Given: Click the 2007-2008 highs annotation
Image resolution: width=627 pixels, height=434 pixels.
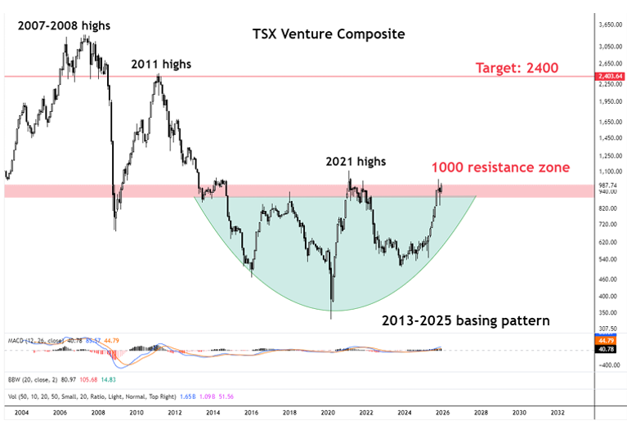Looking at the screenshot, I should click(x=62, y=25).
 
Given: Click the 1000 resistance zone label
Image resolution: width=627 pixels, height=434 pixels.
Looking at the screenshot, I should click(x=500, y=168).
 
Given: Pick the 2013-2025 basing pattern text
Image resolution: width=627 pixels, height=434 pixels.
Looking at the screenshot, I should click(x=465, y=320).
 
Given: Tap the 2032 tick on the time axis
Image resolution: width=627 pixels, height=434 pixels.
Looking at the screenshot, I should click(x=558, y=414).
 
